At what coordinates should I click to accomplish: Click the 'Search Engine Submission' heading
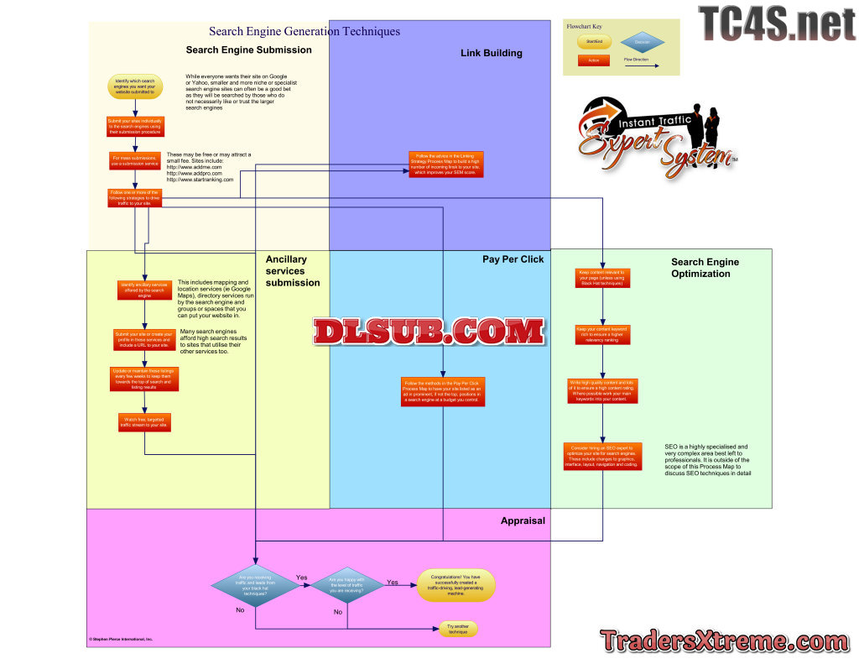click(248, 50)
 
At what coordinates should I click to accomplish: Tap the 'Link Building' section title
click(491, 54)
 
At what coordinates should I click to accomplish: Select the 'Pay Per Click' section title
click(513, 259)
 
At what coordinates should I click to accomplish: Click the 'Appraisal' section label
click(523, 520)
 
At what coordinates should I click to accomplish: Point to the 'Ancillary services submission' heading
click(293, 271)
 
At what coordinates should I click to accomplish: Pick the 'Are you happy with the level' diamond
click(346, 585)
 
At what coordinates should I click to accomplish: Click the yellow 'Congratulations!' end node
click(456, 585)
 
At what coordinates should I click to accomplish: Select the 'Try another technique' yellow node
click(457, 628)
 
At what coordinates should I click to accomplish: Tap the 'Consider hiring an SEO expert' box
click(601, 456)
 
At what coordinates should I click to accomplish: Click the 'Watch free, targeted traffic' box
click(145, 423)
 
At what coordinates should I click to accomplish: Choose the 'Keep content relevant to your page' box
click(601, 278)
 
